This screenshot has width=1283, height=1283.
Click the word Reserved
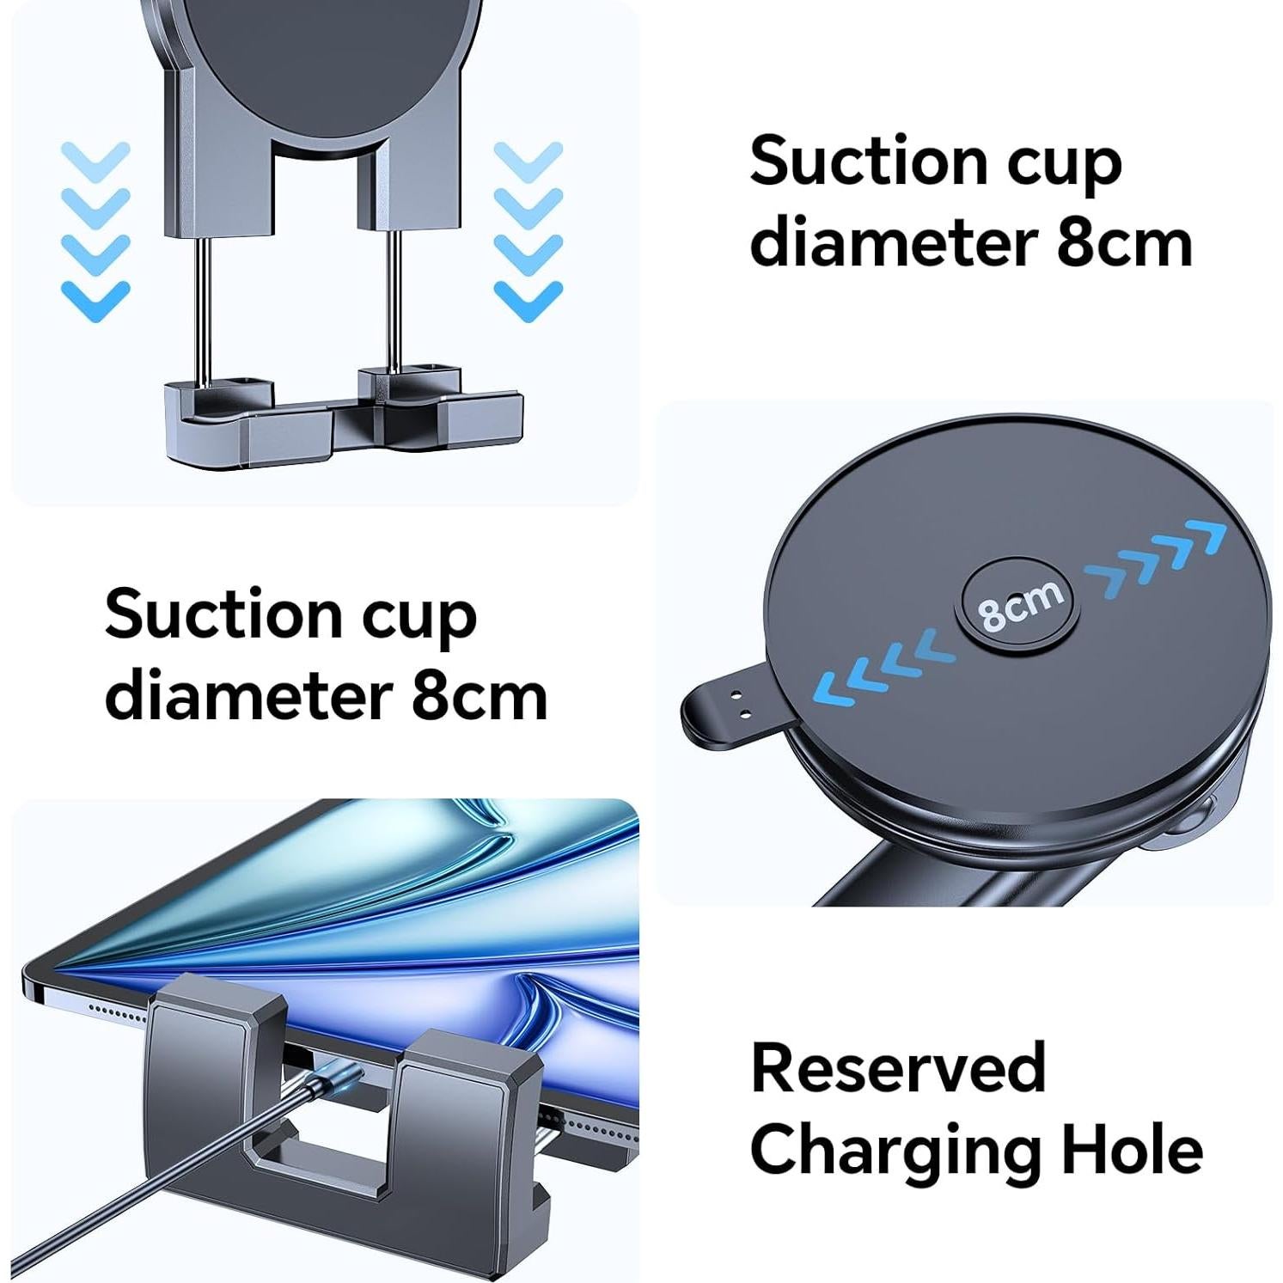(x=897, y=1068)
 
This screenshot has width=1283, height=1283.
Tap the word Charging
(x=894, y=1152)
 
